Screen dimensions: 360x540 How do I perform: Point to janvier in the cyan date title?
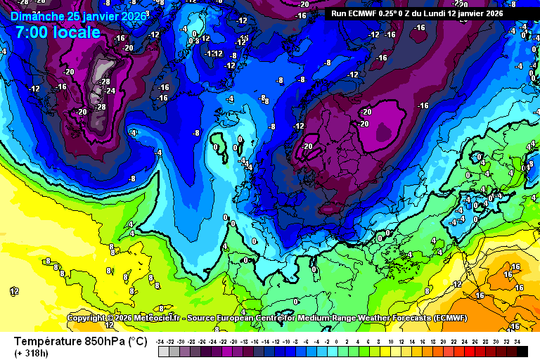[x=105, y=16]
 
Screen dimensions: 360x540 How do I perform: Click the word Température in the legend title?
[x=51, y=342]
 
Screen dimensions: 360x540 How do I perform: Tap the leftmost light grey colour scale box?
[x=163, y=350]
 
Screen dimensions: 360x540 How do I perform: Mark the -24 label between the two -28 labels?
[x=110, y=91]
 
